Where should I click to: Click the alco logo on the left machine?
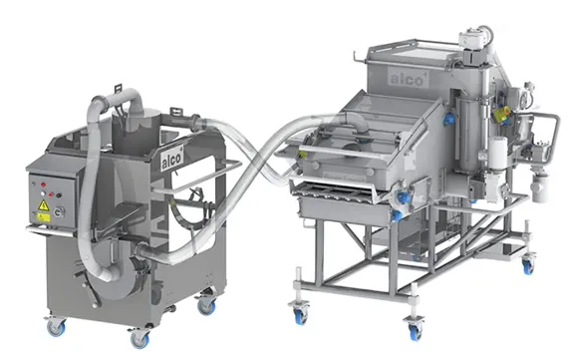click(x=172, y=158)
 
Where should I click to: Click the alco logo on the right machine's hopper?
click(x=409, y=78)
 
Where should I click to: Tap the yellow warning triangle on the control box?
click(x=44, y=205)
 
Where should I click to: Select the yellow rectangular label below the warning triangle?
click(x=44, y=217)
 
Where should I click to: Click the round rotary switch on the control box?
click(x=60, y=212)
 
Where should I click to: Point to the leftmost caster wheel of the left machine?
click(x=56, y=327)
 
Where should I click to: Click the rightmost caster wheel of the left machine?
click(x=207, y=305)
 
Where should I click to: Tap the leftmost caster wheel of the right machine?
click(x=301, y=315)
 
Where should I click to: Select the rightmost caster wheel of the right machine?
click(x=528, y=265)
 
